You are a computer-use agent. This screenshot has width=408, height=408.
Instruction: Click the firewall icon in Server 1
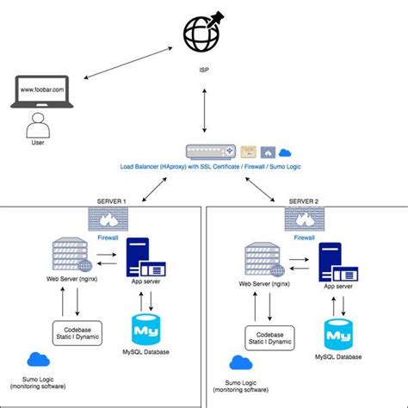(108, 220)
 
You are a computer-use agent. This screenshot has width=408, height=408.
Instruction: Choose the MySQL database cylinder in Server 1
(147, 330)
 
